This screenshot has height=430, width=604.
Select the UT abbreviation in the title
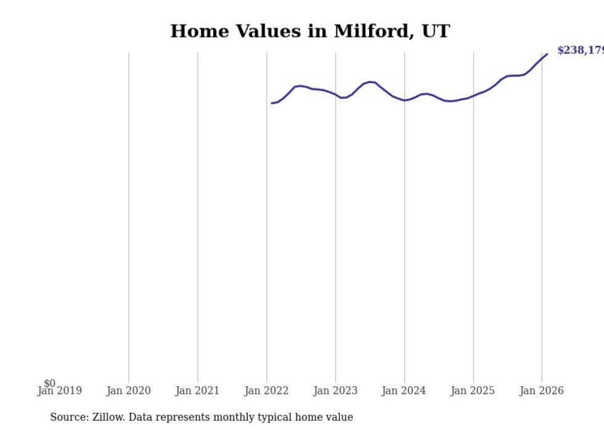(436, 31)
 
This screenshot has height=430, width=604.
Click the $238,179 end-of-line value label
(580, 50)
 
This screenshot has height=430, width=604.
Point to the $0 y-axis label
(49, 383)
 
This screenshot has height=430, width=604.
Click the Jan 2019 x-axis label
(59, 391)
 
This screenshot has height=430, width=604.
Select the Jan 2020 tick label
(128, 391)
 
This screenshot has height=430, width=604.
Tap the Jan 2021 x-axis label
(197, 391)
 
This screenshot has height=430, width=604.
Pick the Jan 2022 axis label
(266, 391)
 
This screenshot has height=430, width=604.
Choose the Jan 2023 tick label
(335, 391)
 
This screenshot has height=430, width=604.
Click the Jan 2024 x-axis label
(404, 391)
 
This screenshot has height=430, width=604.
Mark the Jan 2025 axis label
(473, 391)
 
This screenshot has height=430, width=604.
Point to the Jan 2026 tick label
(541, 391)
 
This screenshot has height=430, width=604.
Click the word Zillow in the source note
(108, 417)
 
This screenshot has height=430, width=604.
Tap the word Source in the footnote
(68, 417)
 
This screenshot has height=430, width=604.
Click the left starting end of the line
(272, 103)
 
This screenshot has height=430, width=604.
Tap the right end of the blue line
(547, 54)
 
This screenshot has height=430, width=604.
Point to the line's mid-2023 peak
(370, 82)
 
